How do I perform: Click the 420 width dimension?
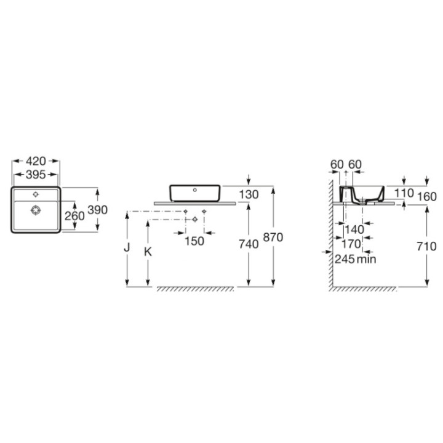tap(36, 161)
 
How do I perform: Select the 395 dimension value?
tap(36, 175)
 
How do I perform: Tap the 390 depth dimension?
tap(97, 210)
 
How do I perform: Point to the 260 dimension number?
tap(74, 216)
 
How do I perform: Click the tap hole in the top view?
tap(36, 194)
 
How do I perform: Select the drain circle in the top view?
tap(36, 210)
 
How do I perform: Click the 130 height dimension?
tap(249, 194)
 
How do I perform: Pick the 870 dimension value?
tap(273, 237)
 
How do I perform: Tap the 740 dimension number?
tap(249, 244)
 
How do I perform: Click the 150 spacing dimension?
tap(194, 241)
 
